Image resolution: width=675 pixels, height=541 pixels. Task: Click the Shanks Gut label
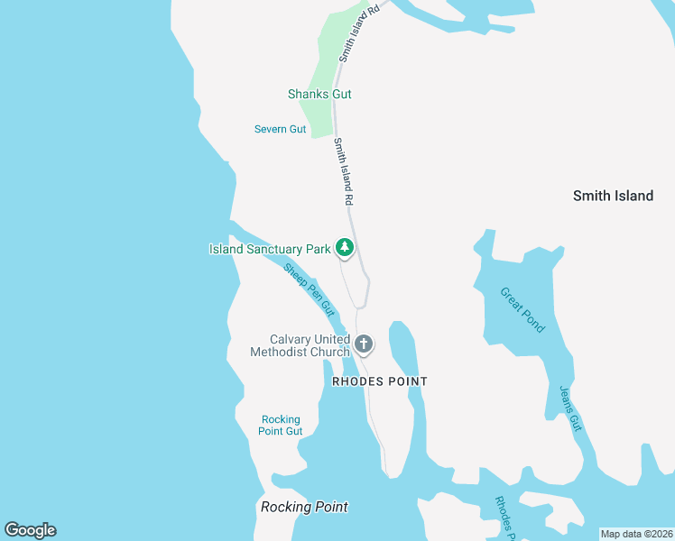click(319, 94)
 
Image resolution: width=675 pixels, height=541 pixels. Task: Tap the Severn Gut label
click(280, 129)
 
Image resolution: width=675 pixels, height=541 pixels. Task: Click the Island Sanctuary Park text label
click(270, 249)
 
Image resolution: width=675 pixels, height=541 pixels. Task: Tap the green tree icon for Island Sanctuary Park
click(344, 246)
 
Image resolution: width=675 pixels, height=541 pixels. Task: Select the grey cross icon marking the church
click(364, 344)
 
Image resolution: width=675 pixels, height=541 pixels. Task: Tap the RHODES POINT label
click(380, 381)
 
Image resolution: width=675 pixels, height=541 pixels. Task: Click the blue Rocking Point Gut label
click(281, 425)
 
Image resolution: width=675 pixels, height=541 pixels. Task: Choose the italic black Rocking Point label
click(304, 507)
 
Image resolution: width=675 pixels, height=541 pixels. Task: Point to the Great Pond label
click(522, 309)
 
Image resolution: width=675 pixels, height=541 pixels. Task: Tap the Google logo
click(30, 530)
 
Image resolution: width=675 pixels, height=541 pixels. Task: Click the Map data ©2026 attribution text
click(636, 534)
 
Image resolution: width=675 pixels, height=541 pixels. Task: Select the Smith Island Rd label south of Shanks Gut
click(343, 170)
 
